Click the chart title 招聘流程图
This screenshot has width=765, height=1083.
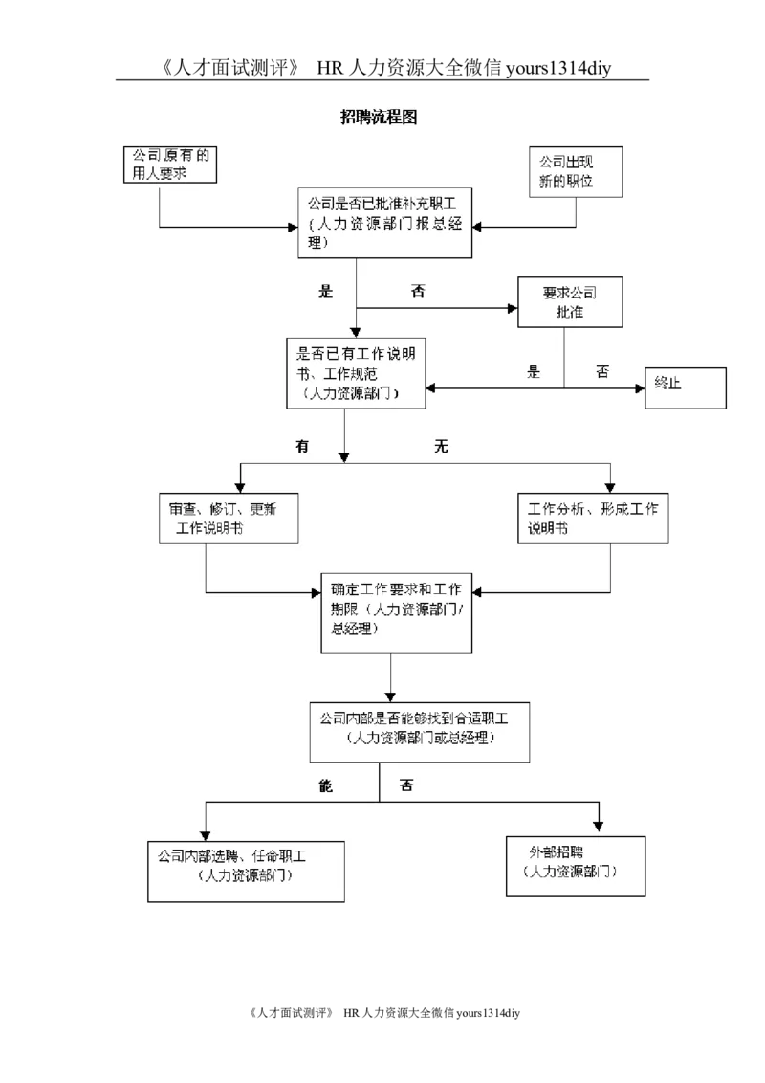coord(379,118)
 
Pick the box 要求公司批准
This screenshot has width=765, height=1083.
coord(570,302)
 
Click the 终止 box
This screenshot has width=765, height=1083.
coord(685,387)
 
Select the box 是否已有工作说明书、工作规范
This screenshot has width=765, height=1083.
coord(356,373)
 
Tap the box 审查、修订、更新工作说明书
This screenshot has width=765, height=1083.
coord(229,519)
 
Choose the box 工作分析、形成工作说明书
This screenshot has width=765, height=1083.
coord(593,519)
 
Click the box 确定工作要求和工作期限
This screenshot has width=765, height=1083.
coord(397,614)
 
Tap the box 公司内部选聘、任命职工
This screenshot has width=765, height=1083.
coord(246,871)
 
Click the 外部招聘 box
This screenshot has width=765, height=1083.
coord(575,866)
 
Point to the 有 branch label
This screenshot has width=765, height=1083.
coord(302,447)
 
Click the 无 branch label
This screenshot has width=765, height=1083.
coord(441,447)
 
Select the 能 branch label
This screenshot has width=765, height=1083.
coord(325,785)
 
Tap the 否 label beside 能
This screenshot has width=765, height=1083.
coord(406,785)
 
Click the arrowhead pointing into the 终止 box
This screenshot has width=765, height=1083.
coord(640,388)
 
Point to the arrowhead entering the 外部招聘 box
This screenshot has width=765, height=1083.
coord(600,826)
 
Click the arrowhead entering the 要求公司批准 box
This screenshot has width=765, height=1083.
coord(512,308)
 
